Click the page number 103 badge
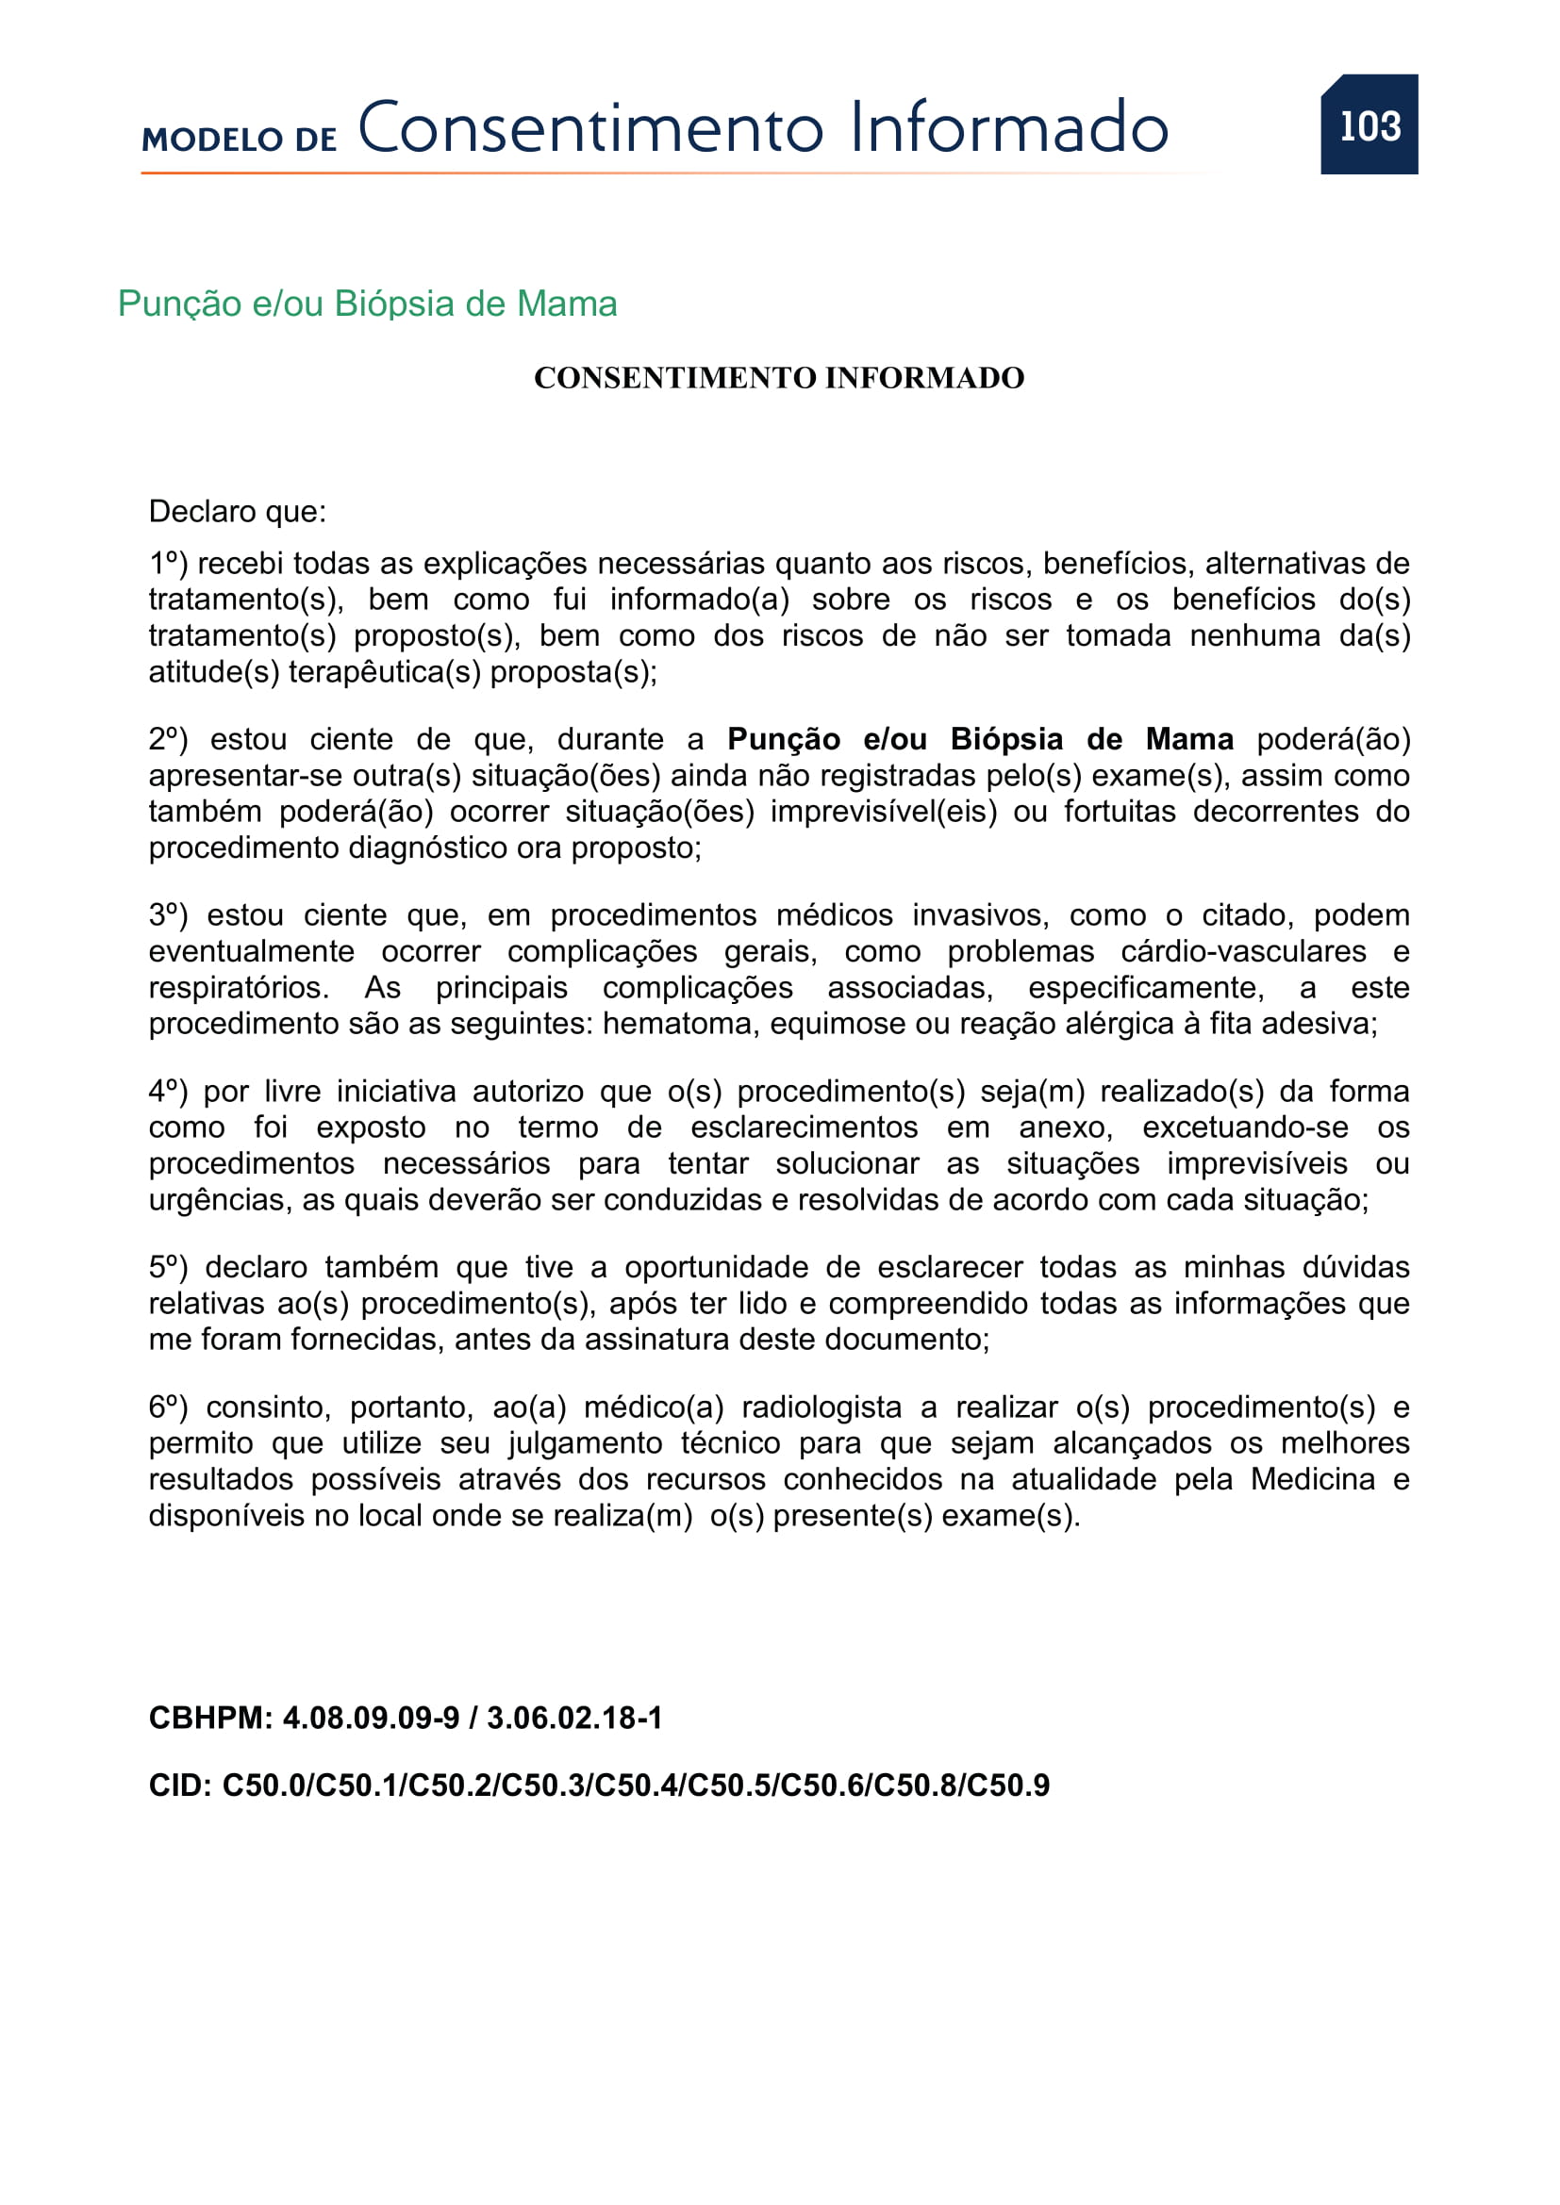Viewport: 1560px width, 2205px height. [1369, 124]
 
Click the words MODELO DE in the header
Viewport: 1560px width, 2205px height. [240, 140]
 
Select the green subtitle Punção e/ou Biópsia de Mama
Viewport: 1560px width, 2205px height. [367, 304]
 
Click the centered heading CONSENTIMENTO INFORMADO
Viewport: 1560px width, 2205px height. [779, 377]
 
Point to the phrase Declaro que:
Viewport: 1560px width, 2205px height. [238, 511]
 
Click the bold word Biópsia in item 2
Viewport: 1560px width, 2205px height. [1006, 738]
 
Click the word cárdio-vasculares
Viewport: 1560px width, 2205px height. [1243, 951]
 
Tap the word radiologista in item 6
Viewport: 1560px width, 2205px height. [821, 1407]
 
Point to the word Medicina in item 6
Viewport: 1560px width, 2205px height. [1312, 1479]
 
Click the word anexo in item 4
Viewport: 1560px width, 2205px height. [1064, 1127]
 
